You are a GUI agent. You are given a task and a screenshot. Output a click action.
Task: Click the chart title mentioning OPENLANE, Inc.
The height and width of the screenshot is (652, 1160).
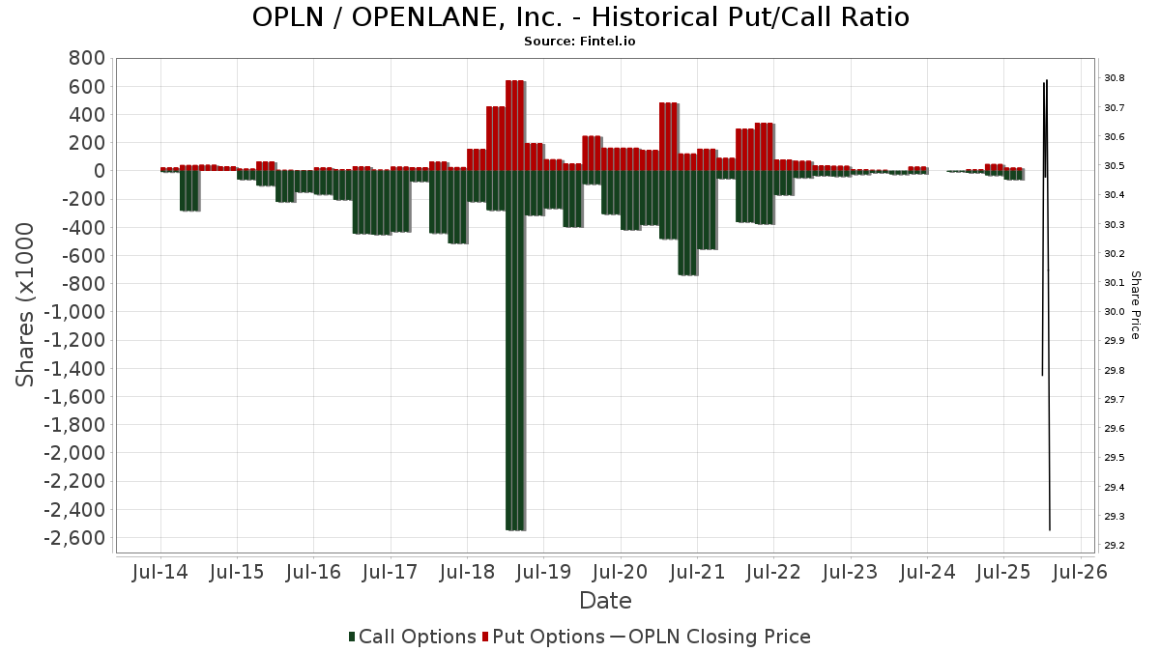point(580,17)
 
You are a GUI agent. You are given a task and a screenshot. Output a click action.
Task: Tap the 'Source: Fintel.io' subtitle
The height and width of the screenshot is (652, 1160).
point(580,42)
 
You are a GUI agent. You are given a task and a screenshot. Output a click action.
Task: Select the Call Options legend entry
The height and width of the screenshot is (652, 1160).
point(413,637)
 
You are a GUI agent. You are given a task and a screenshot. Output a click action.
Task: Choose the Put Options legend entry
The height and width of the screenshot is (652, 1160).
point(546,637)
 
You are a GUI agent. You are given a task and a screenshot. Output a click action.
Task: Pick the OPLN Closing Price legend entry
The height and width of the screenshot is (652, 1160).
point(710,637)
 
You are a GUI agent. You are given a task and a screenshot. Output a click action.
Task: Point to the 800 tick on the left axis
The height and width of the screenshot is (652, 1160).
point(86,59)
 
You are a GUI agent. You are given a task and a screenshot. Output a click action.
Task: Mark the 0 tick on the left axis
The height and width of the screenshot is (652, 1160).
point(99,171)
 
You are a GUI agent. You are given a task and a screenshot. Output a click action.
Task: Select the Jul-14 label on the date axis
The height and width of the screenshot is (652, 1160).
point(160,572)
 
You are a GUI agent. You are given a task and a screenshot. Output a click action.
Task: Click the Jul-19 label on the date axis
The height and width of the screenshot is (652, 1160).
point(543,572)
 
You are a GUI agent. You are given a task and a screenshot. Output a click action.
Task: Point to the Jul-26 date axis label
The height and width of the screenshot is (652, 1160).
point(1080,572)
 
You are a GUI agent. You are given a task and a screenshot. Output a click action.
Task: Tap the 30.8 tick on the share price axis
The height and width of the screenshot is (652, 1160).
point(1114,78)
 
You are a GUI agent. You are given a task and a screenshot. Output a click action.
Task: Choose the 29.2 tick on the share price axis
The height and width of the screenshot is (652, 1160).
point(1114,546)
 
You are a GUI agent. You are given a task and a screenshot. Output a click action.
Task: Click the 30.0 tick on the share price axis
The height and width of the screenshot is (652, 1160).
point(1114,312)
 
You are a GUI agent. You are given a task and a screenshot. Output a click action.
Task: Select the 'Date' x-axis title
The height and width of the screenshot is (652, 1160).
point(605,601)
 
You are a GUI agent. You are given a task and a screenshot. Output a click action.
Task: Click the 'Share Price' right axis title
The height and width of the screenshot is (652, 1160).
point(1135,305)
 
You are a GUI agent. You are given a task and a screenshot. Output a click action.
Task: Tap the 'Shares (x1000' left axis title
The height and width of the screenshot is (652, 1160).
point(26,305)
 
